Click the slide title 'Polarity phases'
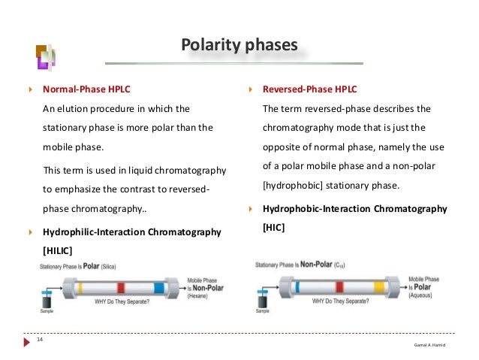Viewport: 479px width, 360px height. tap(239, 45)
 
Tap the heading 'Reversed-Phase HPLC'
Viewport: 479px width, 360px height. tap(309, 89)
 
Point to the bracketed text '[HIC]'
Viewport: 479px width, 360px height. tap(273, 225)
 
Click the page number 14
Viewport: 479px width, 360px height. tap(39, 341)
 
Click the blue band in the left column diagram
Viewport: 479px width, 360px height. tap(158, 289)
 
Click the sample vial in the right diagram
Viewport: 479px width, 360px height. tap(262, 298)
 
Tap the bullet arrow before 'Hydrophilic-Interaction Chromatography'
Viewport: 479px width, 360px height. tap(31, 232)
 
